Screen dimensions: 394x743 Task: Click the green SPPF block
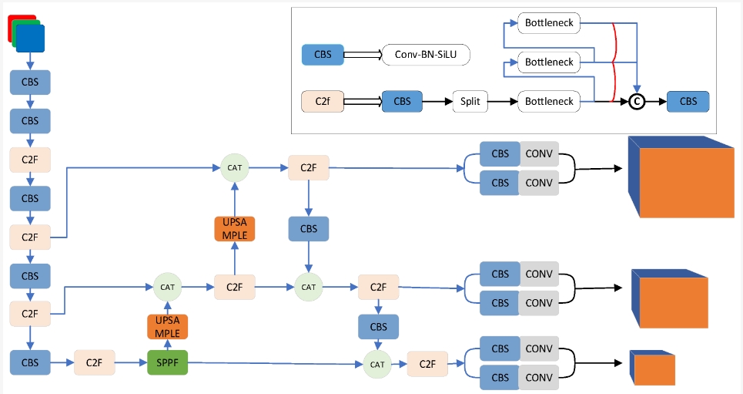[168, 362]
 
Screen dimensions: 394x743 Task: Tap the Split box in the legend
[470, 101]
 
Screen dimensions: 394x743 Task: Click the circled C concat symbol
[637, 101]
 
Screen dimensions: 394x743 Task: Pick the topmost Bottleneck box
[549, 23]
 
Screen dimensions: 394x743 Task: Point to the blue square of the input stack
[31, 39]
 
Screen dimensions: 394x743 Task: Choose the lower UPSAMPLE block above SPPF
[167, 327]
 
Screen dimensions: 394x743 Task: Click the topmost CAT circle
[235, 167]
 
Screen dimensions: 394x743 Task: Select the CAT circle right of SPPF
[377, 364]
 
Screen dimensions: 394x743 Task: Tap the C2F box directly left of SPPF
[94, 362]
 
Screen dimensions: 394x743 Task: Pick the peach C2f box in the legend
[322, 101]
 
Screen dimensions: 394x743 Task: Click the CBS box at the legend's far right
[688, 101]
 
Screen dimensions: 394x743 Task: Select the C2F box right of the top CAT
[308, 167]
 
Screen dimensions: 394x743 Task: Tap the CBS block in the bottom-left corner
[30, 362]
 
